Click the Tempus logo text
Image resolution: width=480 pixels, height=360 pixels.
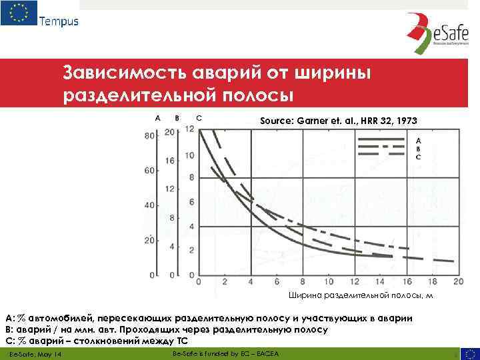(x=59, y=21)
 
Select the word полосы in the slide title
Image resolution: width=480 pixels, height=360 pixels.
(x=255, y=95)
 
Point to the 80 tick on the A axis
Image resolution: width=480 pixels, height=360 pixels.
(x=150, y=135)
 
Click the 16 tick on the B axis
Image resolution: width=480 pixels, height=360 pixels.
(x=170, y=161)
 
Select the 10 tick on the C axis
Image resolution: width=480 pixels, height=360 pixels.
(x=190, y=155)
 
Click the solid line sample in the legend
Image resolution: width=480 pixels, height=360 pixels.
(x=383, y=140)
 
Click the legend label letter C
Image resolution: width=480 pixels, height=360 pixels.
(x=418, y=157)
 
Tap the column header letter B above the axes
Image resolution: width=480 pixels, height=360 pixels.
(x=176, y=118)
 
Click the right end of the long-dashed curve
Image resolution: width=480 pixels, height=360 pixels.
(x=454, y=261)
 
